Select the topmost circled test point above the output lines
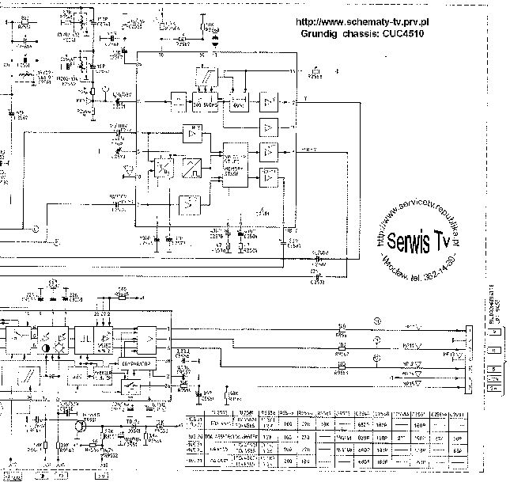pyautogui.click(x=376, y=320)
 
